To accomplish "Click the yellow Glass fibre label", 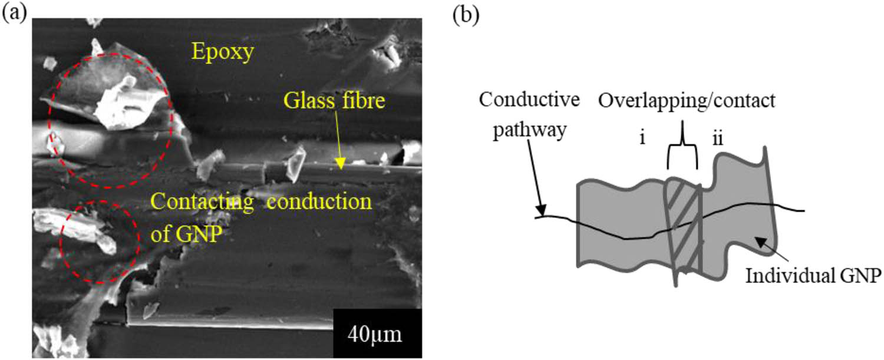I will [x=335, y=102].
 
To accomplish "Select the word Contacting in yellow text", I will [x=200, y=203].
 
